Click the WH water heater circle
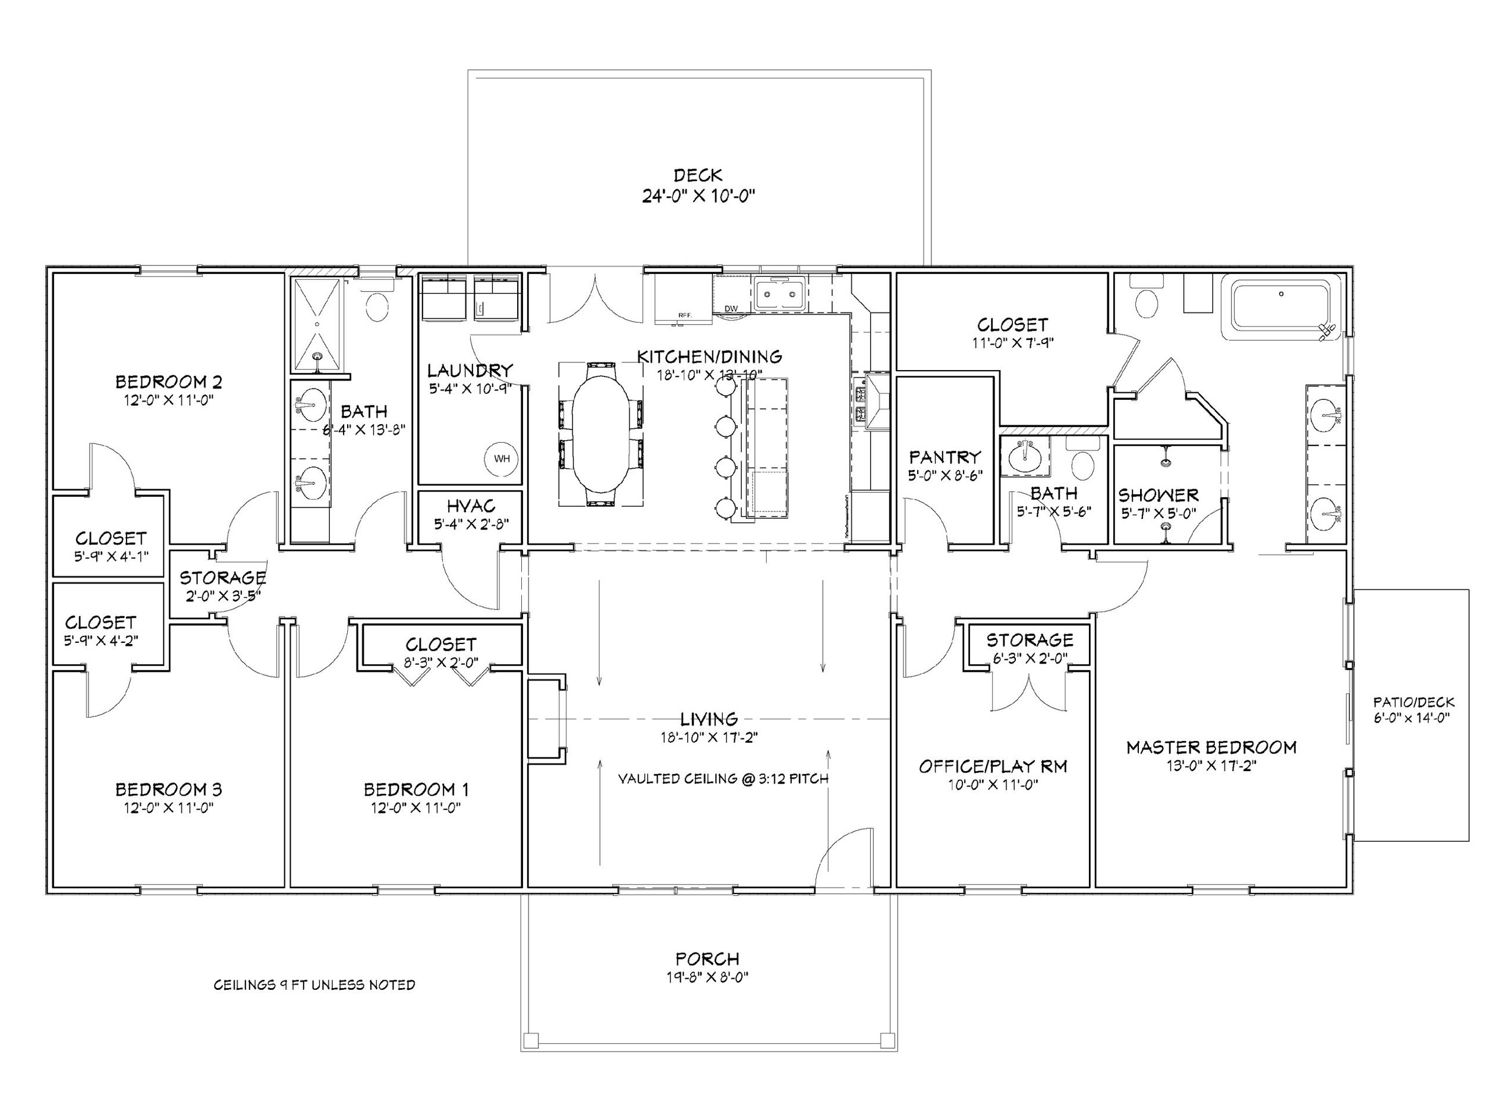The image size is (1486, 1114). [501, 459]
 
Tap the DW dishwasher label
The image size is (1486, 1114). [731, 309]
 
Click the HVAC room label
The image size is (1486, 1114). [470, 506]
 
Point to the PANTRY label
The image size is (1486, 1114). [945, 457]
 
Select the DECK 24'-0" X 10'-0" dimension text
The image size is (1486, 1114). [698, 196]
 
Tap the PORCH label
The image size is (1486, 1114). [707, 958]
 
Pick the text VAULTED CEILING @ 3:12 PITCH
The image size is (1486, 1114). [723, 779]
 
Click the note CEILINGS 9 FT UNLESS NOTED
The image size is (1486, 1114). [314, 985]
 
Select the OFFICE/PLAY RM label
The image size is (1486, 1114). [992, 766]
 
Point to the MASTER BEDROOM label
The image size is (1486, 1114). [1211, 747]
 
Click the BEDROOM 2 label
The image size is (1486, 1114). [169, 382]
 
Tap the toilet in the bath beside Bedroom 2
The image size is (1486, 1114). [377, 305]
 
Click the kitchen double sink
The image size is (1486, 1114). [778, 294]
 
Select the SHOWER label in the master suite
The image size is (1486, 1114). [1158, 496]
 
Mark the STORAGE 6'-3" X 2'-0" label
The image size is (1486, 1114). [1029, 640]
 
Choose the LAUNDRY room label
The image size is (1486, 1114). [470, 370]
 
